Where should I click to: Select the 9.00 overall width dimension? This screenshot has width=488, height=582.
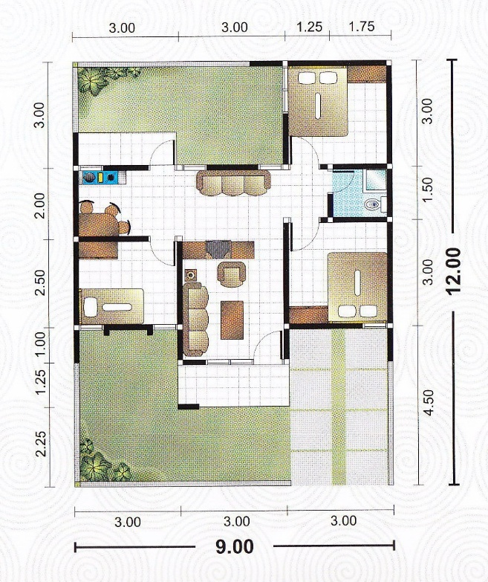coord(234,547)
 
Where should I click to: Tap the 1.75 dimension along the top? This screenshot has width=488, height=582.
coord(360,28)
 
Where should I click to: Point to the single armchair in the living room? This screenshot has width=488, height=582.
coord(230,274)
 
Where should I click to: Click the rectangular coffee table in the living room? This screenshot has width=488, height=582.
coord(232,317)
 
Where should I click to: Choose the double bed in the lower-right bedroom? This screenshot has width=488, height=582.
coord(357,286)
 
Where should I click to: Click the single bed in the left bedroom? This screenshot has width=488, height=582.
coord(111,305)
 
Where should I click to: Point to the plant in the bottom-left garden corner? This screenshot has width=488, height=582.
coord(98,465)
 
